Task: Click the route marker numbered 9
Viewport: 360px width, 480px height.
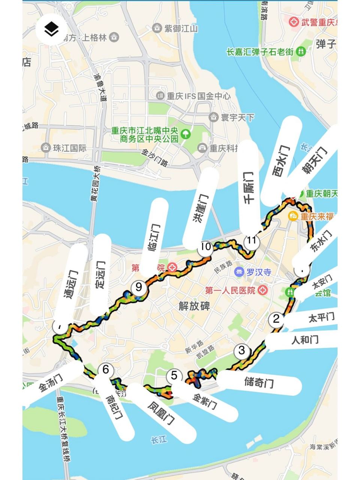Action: click(x=139, y=287)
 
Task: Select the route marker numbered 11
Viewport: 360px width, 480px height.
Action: click(x=252, y=241)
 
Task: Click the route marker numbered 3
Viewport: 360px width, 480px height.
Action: click(x=241, y=351)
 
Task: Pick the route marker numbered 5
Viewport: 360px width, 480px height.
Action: click(x=174, y=375)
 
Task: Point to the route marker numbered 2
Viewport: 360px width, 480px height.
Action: click(x=276, y=319)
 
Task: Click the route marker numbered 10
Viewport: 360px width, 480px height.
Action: click(x=205, y=247)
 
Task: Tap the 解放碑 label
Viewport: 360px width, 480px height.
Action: click(x=194, y=306)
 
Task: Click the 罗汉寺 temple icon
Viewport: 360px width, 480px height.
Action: click(x=238, y=272)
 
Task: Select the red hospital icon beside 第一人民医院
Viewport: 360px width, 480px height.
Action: click(x=263, y=290)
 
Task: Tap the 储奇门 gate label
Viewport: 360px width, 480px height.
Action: click(x=259, y=382)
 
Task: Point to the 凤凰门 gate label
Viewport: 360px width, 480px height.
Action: click(x=161, y=413)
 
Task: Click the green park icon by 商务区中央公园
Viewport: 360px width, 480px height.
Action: click(x=185, y=133)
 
